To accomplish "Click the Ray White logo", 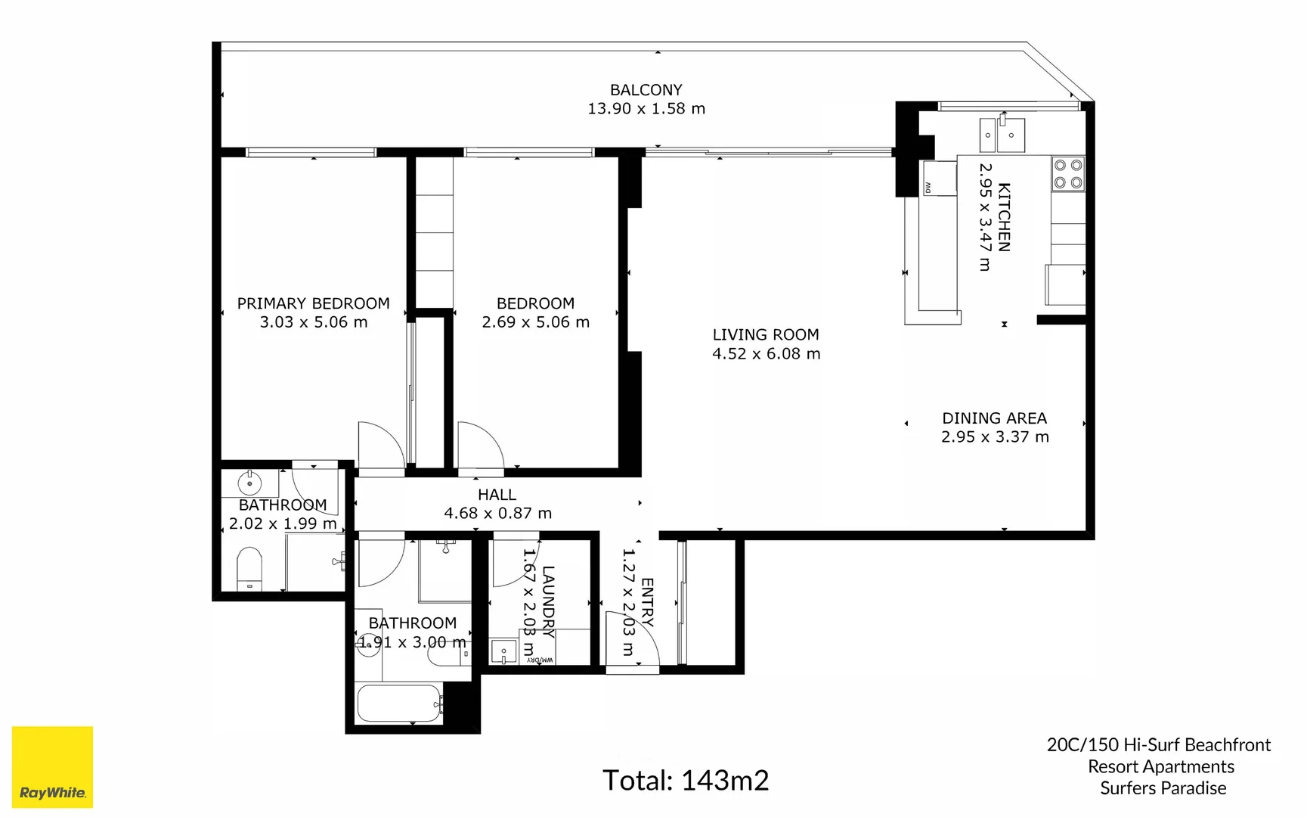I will [x=52, y=767].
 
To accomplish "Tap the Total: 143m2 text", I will [x=685, y=780].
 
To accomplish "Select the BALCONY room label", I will [x=646, y=90].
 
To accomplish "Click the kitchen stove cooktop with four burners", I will [x=1068, y=174].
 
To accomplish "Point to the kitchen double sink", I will [x=1002, y=135].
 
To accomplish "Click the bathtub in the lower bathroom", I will [x=398, y=704].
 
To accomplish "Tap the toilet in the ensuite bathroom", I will [x=249, y=569].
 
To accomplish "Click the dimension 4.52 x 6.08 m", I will [x=766, y=354].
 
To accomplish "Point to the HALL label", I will [x=497, y=495].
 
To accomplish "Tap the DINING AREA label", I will [x=994, y=418].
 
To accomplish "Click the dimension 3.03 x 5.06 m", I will [x=314, y=322].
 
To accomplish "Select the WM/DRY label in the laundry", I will [x=540, y=660].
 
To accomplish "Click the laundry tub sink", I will [x=503, y=651].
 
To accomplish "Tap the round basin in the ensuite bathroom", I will [x=249, y=482].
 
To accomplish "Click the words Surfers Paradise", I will [x=1163, y=788].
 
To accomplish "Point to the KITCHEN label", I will [x=1004, y=217].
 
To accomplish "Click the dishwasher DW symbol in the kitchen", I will [x=928, y=187].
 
